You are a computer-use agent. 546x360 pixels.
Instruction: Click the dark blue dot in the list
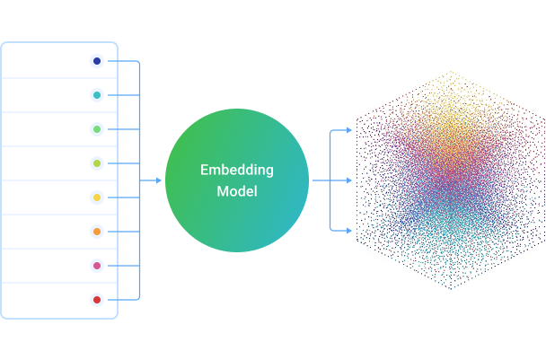[97, 61]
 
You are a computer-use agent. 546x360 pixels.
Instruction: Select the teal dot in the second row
[97, 95]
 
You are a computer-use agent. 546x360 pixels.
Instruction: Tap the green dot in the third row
[97, 129]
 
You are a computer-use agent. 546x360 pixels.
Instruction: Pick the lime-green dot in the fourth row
[97, 163]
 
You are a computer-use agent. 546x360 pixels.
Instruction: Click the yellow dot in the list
[97, 198]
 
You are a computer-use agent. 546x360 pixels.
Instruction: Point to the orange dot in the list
[97, 232]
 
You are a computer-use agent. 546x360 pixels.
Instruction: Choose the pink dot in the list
[97, 266]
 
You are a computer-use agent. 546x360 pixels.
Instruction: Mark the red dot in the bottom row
[97, 300]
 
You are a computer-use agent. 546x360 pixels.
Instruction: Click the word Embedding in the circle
[237, 170]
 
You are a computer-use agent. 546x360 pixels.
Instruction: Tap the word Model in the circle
[237, 191]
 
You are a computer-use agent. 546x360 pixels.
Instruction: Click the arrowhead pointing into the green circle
[158, 180]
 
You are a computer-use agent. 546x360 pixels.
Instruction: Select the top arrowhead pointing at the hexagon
[349, 131]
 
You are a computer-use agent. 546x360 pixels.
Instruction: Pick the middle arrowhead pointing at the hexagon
[349, 180]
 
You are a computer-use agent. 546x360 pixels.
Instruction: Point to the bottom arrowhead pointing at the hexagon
[349, 231]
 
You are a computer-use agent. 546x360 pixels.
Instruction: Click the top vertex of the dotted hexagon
[451, 72]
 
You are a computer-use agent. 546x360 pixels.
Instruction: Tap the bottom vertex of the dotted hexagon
[451, 289]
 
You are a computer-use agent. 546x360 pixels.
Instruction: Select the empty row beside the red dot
[45, 300]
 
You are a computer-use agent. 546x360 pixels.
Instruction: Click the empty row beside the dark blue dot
[45, 61]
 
